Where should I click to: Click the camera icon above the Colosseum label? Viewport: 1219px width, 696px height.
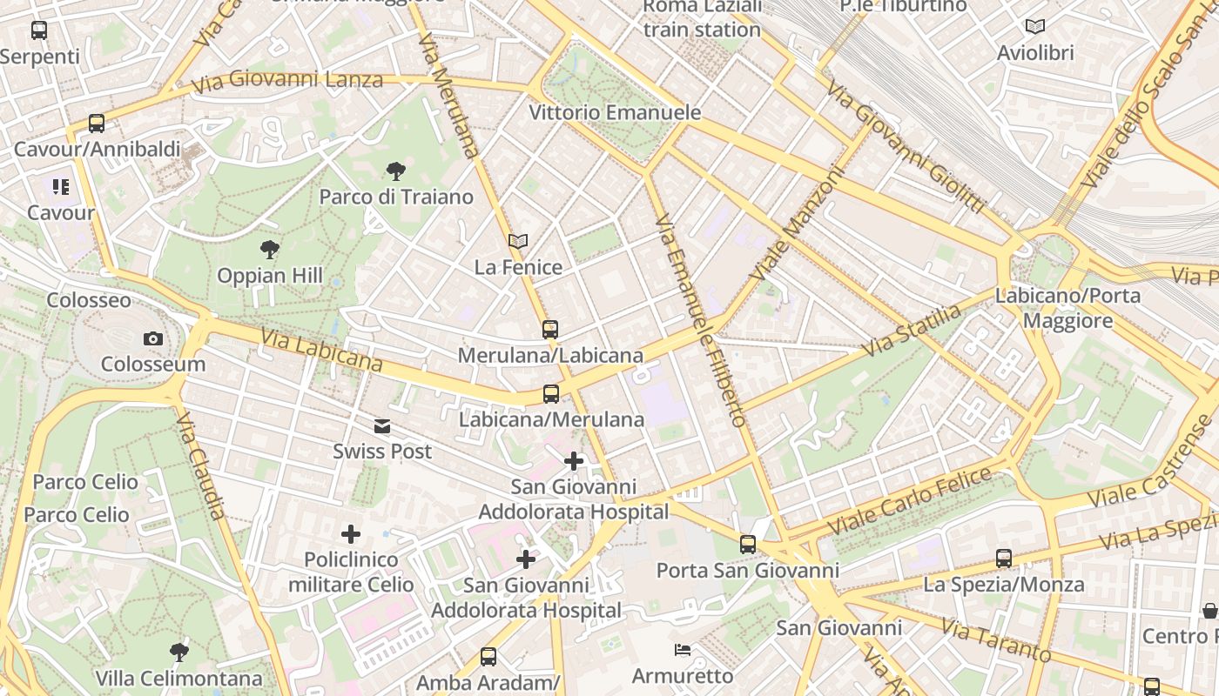(153, 338)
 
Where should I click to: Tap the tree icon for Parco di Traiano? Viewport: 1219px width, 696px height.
(395, 171)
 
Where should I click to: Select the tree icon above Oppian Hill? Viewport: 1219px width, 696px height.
(270, 250)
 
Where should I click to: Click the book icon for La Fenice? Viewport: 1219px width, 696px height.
(518, 241)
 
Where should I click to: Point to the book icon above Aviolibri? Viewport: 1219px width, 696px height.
(1034, 27)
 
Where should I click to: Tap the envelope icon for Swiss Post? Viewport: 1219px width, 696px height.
(381, 426)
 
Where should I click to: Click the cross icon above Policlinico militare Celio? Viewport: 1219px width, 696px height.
(350, 533)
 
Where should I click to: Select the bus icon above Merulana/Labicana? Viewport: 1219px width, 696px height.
(549, 330)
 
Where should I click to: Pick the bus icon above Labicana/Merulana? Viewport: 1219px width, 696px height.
(551, 394)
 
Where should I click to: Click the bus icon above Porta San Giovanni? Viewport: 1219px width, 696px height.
(747, 545)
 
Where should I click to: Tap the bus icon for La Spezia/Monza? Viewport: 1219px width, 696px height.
(1003, 559)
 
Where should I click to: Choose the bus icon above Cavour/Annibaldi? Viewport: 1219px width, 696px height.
(96, 124)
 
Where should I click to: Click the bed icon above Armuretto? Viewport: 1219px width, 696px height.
(682, 650)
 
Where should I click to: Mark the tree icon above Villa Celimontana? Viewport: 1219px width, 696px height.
(178, 652)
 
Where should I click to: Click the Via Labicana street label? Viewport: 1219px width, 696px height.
(320, 350)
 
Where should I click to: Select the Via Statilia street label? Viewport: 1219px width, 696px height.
(911, 331)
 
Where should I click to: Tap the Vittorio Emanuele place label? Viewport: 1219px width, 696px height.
(615, 112)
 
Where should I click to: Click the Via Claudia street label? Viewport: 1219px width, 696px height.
(201, 465)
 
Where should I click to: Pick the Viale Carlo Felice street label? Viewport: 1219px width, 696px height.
(910, 502)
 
